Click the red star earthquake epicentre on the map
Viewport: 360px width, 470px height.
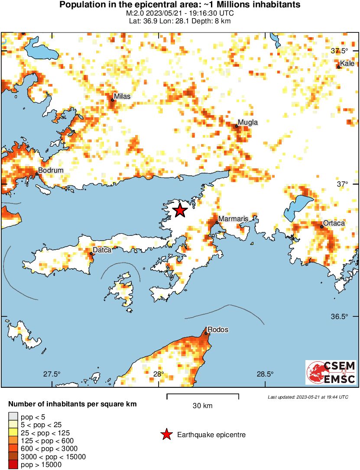[x=180, y=211]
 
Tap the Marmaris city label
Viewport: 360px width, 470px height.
[x=233, y=219]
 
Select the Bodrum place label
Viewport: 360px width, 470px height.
[x=51, y=171]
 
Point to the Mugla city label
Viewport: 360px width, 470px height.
[x=248, y=122]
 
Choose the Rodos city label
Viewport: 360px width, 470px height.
[x=218, y=330]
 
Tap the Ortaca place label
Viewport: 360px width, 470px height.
[x=334, y=223]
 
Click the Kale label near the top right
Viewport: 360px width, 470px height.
[x=347, y=64]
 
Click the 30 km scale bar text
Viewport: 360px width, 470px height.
[x=202, y=406]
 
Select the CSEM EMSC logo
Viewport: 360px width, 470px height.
[x=331, y=373]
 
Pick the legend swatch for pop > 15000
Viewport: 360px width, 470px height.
[x=13, y=465]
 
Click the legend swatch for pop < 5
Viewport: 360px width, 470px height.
[x=13, y=417]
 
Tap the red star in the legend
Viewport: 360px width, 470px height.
[x=166, y=435]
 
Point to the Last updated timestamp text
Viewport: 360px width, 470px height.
[x=308, y=397]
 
